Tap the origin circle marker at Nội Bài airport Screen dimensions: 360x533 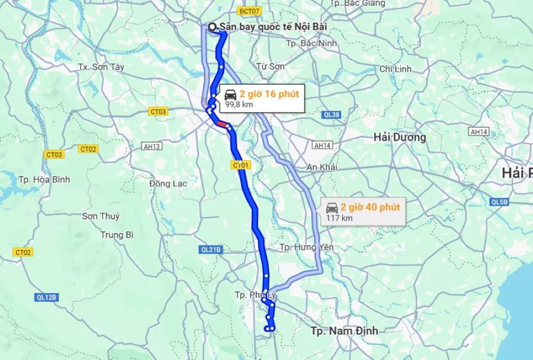pyautogui.click(x=213, y=27)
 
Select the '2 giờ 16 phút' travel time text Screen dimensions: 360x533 pyautogui.click(x=269, y=94)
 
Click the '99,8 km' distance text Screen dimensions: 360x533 pyautogui.click(x=239, y=104)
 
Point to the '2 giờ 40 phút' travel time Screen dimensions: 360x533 pyautogui.click(x=370, y=207)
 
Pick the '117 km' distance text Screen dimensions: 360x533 pyautogui.click(x=340, y=218)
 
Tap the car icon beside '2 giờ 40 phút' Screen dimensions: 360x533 pyautogui.click(x=332, y=207)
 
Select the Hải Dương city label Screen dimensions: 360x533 pyautogui.click(x=399, y=137)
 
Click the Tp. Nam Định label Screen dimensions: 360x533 pyautogui.click(x=344, y=331)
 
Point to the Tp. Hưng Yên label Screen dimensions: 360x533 pyautogui.click(x=306, y=247)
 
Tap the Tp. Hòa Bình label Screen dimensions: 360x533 pyautogui.click(x=44, y=179)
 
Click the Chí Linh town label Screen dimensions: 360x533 pyautogui.click(x=395, y=69)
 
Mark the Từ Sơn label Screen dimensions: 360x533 pyautogui.click(x=270, y=67)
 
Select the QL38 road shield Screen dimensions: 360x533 pyautogui.click(x=332, y=114)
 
